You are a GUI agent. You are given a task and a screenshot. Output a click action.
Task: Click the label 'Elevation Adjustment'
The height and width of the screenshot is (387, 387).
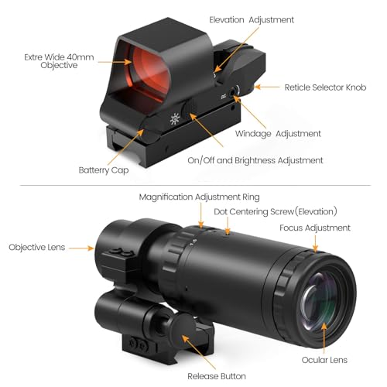pyautogui.click(x=252, y=20)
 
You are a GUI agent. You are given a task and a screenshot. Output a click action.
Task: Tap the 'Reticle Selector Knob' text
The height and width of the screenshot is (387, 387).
pyautogui.click(x=325, y=87)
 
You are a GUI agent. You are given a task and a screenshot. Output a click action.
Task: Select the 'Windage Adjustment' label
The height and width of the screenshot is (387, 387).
pyautogui.click(x=278, y=134)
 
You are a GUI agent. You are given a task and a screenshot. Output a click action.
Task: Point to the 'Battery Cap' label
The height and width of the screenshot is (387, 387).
pyautogui.click(x=104, y=170)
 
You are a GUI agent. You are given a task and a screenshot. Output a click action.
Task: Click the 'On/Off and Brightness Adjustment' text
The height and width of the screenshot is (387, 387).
pyautogui.click(x=255, y=160)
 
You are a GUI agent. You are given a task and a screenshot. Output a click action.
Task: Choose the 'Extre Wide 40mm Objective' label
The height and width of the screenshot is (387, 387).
pyautogui.click(x=59, y=61)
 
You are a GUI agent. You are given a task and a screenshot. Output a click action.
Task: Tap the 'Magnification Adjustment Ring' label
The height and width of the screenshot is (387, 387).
pyautogui.click(x=199, y=197)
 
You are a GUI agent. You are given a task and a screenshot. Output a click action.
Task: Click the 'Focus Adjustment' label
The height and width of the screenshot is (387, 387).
pyautogui.click(x=315, y=228)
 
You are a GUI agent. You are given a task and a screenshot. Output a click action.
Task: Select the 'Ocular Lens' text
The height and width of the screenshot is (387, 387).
pyautogui.click(x=324, y=360)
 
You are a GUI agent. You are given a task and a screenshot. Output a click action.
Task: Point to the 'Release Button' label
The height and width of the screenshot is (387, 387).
pyautogui.click(x=217, y=376)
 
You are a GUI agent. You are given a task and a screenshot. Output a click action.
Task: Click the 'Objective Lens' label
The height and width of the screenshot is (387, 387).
pyautogui.click(x=37, y=247)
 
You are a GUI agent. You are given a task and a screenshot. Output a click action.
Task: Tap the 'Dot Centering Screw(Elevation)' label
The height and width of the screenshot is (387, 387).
pyautogui.click(x=276, y=211)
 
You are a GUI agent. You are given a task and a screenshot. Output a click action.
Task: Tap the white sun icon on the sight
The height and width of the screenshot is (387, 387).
pyautogui.click(x=175, y=119)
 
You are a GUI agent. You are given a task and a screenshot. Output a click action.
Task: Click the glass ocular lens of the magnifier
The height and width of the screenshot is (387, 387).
pyautogui.click(x=320, y=302)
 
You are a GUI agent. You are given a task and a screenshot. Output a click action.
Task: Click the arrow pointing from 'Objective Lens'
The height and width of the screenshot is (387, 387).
pyautogui.click(x=81, y=248)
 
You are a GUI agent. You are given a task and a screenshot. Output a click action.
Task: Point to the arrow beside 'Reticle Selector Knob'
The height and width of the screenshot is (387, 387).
pyautogui.click(x=266, y=87)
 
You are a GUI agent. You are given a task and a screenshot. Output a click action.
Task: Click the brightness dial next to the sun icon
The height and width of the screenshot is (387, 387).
pyautogui.click(x=189, y=110)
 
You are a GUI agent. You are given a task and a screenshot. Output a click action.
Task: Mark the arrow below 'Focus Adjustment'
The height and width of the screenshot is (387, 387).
pyautogui.click(x=315, y=244)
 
